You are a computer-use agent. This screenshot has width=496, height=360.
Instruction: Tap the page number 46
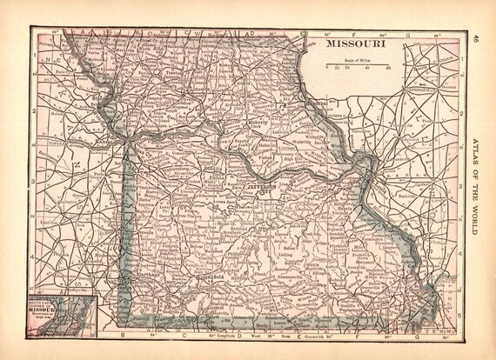pos(477,38)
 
